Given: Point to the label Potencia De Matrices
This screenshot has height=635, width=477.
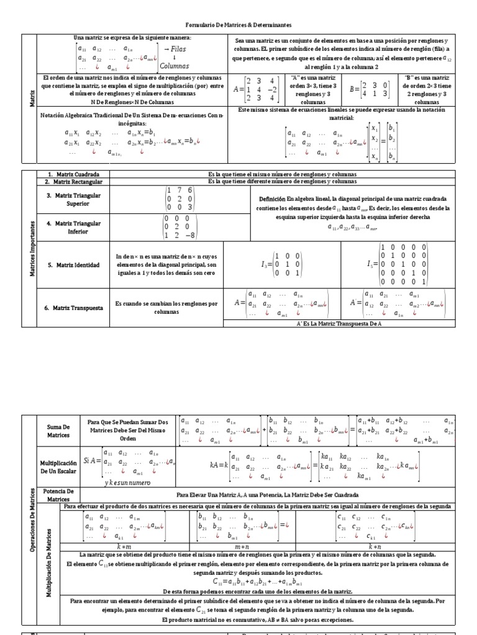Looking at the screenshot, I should pos(60,495).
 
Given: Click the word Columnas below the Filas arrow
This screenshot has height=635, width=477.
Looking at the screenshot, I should pos(175,65).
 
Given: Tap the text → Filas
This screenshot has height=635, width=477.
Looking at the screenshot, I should pos(177,48).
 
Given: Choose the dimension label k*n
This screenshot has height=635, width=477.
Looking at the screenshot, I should pos(375,546).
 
